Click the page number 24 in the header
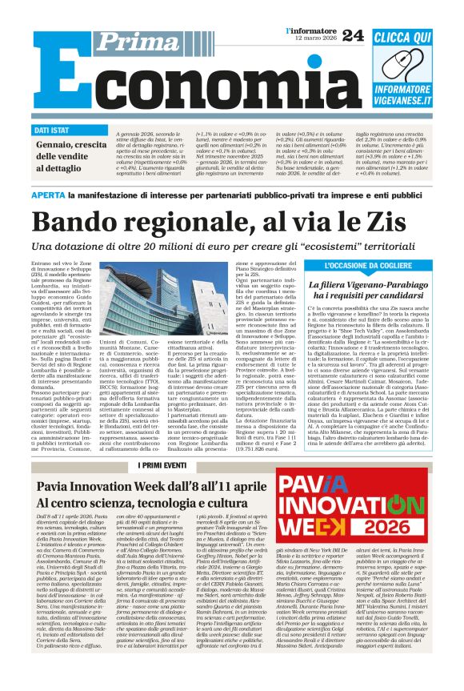click(353, 34)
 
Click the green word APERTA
click(50, 195)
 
